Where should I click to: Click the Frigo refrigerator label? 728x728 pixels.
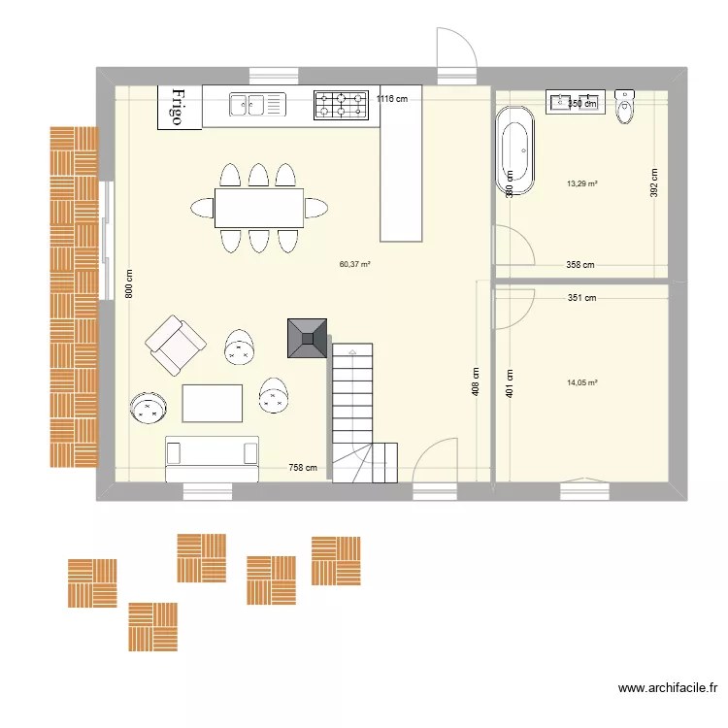(x=179, y=107)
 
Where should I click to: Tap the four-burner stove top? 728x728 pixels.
(x=343, y=105)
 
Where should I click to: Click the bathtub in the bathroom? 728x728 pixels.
(x=515, y=151)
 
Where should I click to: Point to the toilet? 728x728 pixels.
(x=625, y=107)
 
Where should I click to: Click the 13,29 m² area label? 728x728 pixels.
(x=582, y=183)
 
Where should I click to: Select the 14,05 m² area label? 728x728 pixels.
(x=582, y=383)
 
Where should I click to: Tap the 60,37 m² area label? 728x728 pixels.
(x=355, y=263)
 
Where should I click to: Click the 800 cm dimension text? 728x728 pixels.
(x=129, y=282)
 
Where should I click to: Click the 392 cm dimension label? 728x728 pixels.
(x=654, y=183)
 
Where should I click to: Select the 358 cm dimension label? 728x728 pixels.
(x=580, y=264)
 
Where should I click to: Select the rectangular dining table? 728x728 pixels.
(x=258, y=207)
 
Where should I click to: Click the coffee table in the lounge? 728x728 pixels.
(x=213, y=404)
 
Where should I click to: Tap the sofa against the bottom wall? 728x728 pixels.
(x=213, y=458)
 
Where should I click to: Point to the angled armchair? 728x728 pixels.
(x=176, y=345)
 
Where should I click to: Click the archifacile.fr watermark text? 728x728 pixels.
(x=669, y=688)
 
